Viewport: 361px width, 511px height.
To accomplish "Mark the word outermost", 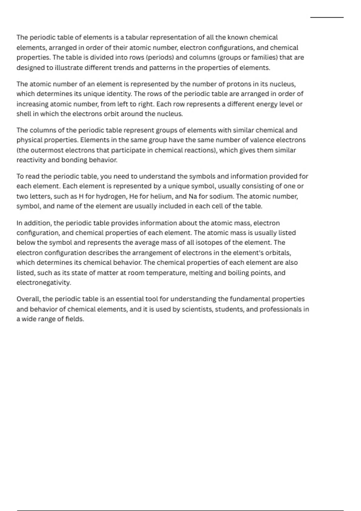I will [47, 150].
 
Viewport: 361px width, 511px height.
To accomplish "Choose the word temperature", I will [156, 273].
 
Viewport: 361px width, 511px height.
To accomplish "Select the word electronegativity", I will [44, 283].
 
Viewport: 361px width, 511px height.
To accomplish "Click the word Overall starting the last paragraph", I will [28, 299].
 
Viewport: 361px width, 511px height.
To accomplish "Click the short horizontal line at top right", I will [327, 18].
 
